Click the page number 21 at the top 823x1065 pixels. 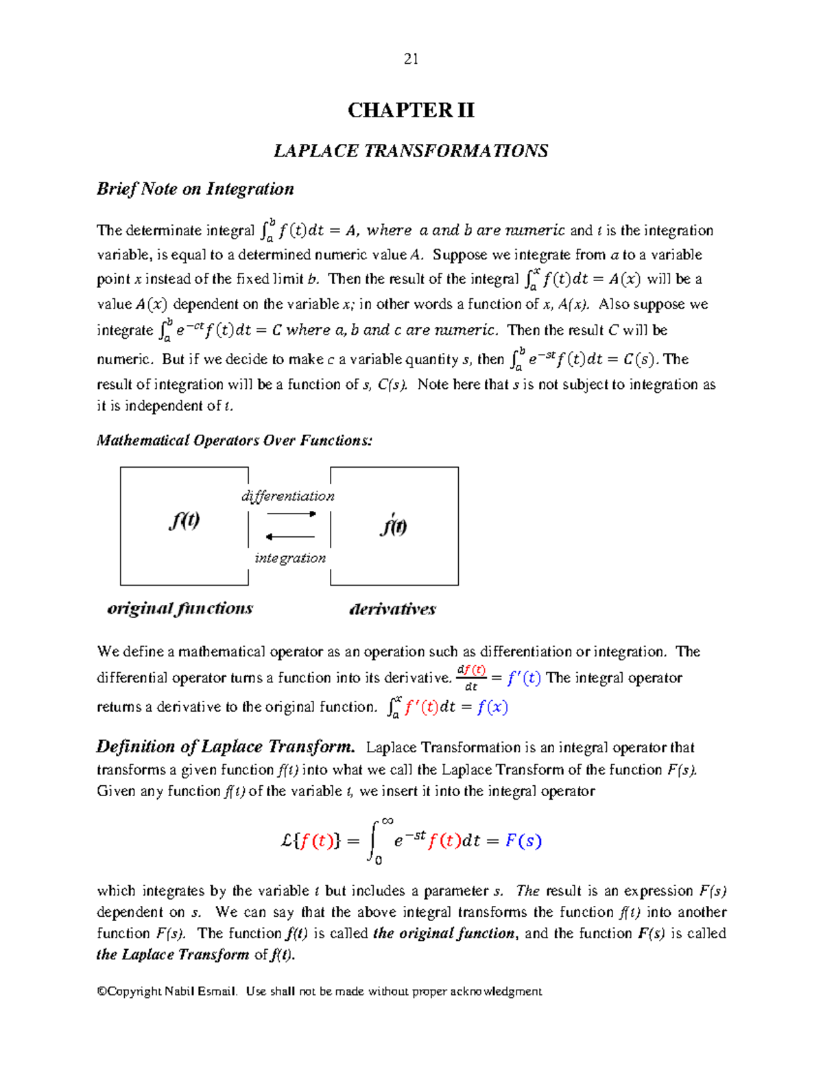click(x=411, y=59)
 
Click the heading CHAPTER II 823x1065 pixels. click(x=411, y=110)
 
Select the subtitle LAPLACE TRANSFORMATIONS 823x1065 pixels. click(x=411, y=151)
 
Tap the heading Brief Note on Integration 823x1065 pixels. click(x=195, y=189)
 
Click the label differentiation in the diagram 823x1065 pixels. click(x=288, y=496)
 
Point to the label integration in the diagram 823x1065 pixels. click(x=290, y=558)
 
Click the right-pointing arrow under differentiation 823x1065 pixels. click(x=291, y=514)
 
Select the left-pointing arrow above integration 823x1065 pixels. click(x=289, y=537)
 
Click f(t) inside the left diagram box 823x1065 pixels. click(x=184, y=521)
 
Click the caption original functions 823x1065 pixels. click(x=180, y=608)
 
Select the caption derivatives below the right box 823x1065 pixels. click(x=392, y=609)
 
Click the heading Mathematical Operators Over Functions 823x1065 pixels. click(x=235, y=440)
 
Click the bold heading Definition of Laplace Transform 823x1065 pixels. click(x=226, y=747)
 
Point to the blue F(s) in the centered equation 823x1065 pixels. click(x=523, y=841)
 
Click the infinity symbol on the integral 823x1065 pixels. click(x=387, y=821)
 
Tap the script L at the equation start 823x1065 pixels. click(x=287, y=841)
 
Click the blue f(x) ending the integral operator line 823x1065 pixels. click(x=492, y=707)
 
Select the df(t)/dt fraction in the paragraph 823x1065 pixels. click(x=471, y=678)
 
